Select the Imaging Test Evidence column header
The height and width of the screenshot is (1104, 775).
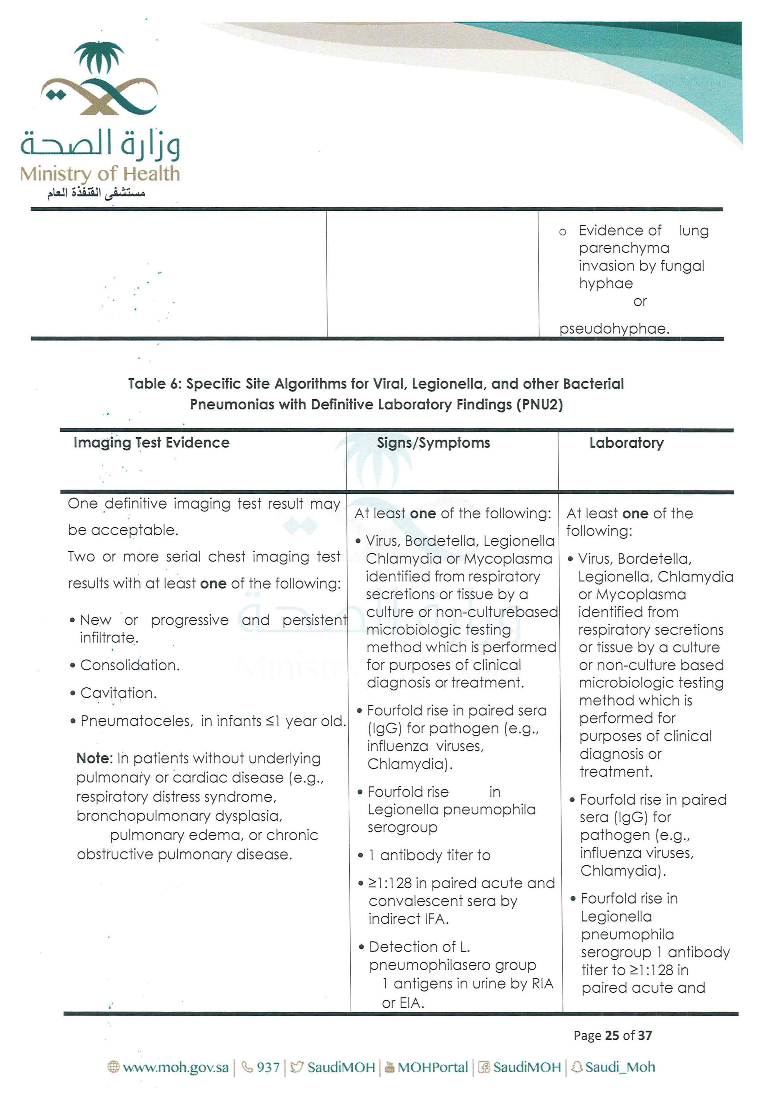(x=151, y=443)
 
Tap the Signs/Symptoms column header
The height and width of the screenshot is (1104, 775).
(x=433, y=443)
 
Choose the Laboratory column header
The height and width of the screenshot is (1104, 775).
(x=626, y=443)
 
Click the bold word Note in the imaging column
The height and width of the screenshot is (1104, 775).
(x=94, y=758)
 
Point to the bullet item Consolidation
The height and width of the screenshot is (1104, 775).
(x=130, y=665)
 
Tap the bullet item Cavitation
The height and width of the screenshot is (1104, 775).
(x=118, y=693)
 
